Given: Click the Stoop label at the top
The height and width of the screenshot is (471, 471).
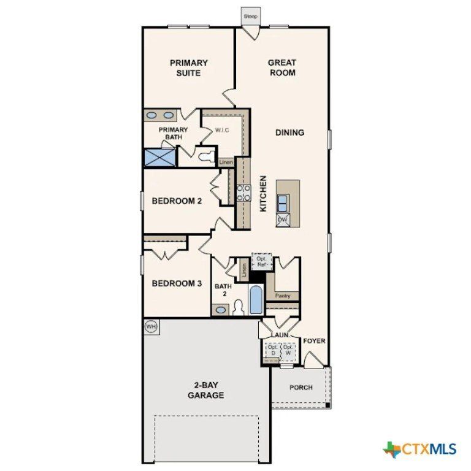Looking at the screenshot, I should click(x=250, y=17).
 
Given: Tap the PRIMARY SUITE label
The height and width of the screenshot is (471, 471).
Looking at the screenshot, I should click(x=189, y=67).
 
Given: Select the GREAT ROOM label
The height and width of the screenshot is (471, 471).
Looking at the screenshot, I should click(x=282, y=67).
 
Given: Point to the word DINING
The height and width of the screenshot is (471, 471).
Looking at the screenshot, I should click(x=289, y=132).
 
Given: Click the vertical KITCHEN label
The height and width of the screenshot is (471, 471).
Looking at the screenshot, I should click(x=263, y=194).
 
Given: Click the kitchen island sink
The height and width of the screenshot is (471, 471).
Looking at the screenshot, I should click(x=283, y=202).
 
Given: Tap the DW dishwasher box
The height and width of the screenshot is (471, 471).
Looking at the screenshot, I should click(x=283, y=220).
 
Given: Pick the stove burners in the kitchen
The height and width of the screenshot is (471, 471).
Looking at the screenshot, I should click(x=244, y=193).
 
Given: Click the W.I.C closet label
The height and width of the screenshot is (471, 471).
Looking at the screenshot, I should click(x=221, y=130).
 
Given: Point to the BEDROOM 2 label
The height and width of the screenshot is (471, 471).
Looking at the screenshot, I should click(x=177, y=201).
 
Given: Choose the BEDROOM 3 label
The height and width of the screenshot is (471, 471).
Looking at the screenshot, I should click(x=177, y=283).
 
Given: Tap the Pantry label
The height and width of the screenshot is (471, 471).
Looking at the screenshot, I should click(x=283, y=296).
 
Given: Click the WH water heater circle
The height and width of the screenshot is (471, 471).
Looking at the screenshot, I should click(x=151, y=327).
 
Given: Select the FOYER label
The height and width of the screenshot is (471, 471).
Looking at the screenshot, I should click(x=314, y=341).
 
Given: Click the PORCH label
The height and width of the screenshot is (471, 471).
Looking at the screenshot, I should click(x=301, y=388).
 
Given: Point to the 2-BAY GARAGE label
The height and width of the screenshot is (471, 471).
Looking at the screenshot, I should click(x=205, y=391).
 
